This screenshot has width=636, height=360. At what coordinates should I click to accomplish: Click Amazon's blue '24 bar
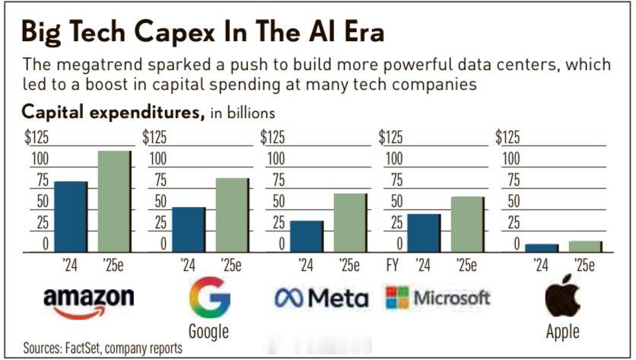click(71, 216)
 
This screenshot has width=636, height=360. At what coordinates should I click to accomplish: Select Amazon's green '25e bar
click(114, 201)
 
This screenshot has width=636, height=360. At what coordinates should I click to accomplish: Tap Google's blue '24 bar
click(188, 229)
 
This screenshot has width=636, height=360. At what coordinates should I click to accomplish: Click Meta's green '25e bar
click(349, 222)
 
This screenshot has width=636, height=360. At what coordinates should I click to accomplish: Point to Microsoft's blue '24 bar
click(424, 232)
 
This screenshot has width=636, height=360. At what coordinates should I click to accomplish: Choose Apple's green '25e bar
click(585, 246)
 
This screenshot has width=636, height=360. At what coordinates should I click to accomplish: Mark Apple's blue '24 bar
click(542, 247)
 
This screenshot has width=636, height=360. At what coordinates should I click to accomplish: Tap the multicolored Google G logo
click(209, 297)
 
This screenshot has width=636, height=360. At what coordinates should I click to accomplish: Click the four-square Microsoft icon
click(397, 298)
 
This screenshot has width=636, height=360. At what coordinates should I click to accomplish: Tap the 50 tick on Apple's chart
click(513, 202)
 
